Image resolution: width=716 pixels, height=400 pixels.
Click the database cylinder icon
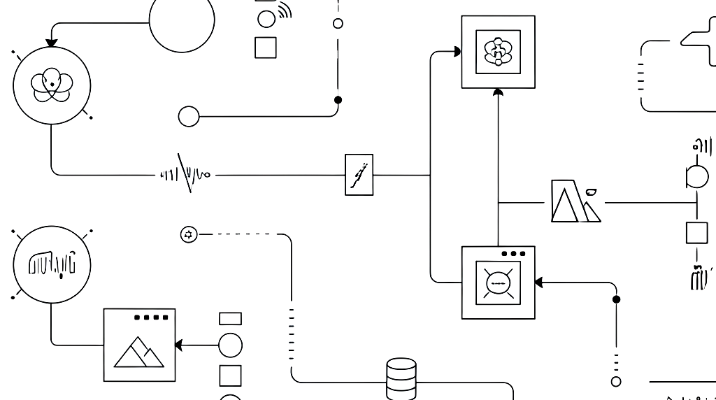[401, 378]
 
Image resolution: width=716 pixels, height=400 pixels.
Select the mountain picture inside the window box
[139, 352]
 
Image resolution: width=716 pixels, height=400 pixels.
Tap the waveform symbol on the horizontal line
[185, 173]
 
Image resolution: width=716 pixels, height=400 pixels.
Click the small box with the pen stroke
[359, 175]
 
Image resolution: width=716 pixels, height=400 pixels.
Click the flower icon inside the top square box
[498, 52]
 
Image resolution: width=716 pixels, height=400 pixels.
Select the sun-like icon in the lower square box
[498, 283]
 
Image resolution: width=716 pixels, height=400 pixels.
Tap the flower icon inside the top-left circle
[51, 85]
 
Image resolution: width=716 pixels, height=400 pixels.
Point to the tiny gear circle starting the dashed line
[188, 235]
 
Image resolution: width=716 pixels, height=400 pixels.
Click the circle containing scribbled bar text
[51, 264]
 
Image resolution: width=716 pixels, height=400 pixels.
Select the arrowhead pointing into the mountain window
[179, 345]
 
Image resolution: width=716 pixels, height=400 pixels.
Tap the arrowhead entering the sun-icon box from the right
[539, 283]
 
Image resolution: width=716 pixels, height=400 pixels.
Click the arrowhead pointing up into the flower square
[498, 92]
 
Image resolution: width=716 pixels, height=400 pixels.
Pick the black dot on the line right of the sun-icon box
[616, 299]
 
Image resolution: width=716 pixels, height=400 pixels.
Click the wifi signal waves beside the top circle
[284, 12]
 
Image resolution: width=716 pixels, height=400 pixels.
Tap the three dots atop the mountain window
[151, 317]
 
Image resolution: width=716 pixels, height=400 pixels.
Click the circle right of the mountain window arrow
[230, 345]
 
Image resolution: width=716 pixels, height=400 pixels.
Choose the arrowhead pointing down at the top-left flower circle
[51, 43]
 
